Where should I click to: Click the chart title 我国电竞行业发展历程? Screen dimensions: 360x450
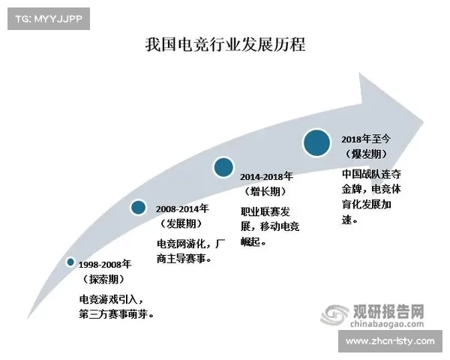click(225, 44)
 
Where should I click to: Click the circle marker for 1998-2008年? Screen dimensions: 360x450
click(70, 262)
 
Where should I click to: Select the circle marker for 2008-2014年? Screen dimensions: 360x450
click(138, 208)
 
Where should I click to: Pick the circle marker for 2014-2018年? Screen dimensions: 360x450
click(223, 167)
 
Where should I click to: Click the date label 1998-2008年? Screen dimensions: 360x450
click(105, 264)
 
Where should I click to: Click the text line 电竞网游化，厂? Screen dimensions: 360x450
click(189, 244)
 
